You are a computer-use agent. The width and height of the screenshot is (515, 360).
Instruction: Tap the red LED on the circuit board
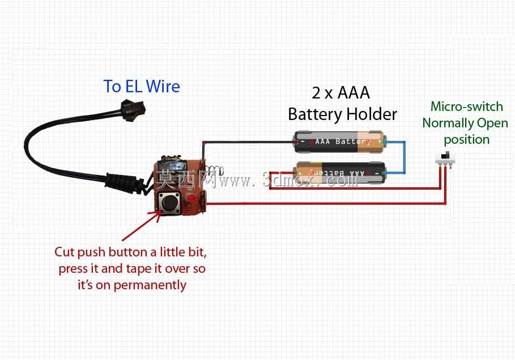[x=191, y=198]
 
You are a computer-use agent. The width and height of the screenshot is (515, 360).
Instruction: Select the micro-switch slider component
[x=445, y=159]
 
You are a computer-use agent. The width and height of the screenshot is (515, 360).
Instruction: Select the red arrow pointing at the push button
[x=141, y=226]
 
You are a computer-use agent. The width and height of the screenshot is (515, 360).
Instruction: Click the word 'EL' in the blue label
[x=133, y=86]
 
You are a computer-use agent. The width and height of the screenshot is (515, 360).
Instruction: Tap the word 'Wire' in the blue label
[x=163, y=86]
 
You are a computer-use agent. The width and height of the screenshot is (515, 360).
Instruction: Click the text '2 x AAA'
[x=341, y=93]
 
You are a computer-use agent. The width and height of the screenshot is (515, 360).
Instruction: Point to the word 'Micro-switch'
[x=467, y=106]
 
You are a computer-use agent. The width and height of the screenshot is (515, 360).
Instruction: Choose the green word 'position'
[x=467, y=140]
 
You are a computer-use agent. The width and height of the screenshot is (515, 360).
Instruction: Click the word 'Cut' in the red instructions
[x=65, y=252]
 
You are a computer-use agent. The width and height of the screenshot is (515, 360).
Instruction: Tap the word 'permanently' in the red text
[x=150, y=285]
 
